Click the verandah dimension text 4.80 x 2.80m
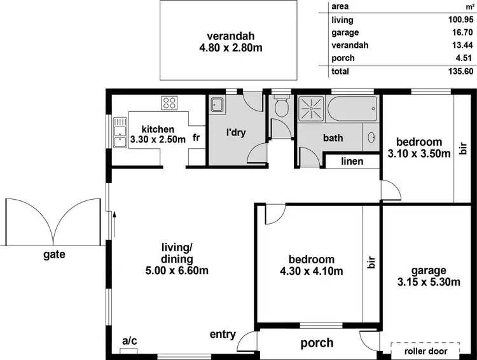tap(228, 47)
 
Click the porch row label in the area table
tap(343, 58)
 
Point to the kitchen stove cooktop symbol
tap(169, 102)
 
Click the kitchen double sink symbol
tap(119, 133)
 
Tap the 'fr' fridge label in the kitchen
tap(197, 137)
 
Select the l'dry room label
tap(236, 133)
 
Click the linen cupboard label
tap(352, 162)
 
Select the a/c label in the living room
tap(129, 341)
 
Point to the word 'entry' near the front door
tap(223, 335)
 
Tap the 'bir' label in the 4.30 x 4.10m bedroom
tap(371, 263)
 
